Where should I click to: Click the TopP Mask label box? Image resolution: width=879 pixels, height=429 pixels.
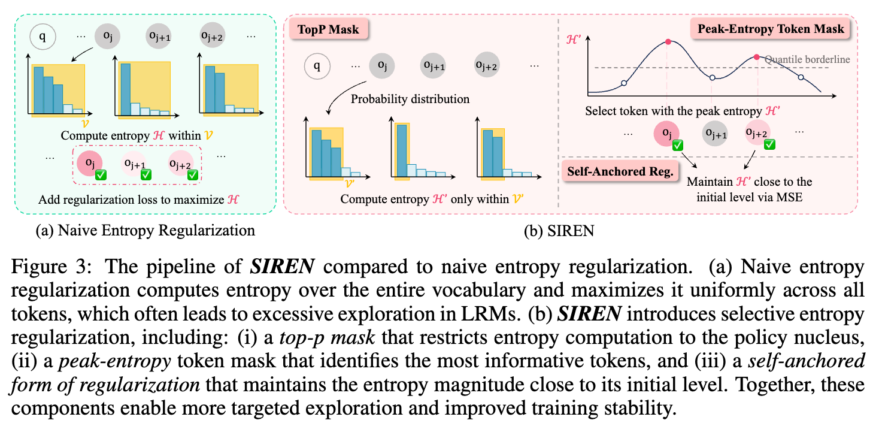329,30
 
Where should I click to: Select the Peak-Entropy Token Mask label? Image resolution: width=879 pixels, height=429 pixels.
770,29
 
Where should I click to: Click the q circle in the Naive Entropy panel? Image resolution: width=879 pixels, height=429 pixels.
43,37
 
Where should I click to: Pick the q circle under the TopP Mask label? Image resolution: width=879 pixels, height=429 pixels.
319,65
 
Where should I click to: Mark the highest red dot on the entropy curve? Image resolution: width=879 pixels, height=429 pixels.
668,42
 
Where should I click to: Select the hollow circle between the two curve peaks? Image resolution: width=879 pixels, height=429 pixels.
713,78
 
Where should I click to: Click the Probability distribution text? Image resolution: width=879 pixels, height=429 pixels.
410,99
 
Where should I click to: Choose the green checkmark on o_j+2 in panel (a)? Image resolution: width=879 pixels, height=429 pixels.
193,174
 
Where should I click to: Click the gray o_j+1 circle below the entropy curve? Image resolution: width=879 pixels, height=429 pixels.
711,133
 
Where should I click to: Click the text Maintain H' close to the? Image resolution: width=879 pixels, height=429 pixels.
749,181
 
